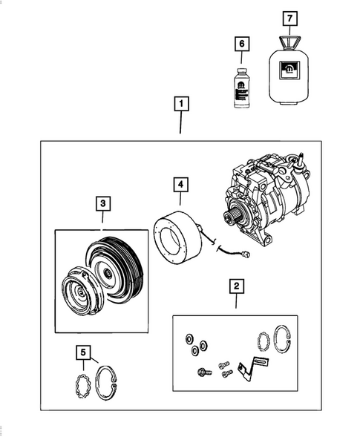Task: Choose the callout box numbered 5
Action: point(85,352)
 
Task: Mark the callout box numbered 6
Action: point(240,45)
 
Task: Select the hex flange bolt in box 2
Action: point(201,372)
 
